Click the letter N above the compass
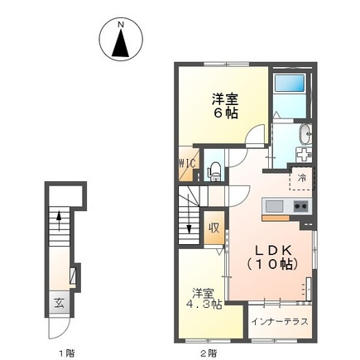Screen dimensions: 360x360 click(121, 25)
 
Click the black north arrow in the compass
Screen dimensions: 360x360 click(121, 43)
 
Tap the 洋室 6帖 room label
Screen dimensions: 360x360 click(225, 106)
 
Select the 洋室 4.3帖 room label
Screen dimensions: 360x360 click(204, 299)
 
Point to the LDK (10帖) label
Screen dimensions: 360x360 click(272, 257)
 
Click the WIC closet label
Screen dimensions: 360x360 click(188, 163)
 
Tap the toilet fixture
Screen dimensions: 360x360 click(214, 171)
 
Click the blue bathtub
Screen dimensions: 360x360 click(290, 83)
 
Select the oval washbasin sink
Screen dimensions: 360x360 click(305, 134)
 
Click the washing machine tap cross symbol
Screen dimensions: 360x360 click(304, 155)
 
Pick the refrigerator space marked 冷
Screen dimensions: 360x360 click(301, 178)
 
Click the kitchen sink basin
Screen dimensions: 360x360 click(274, 206)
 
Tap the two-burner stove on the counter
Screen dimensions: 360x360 click(300, 206)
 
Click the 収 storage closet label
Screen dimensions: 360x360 click(214, 228)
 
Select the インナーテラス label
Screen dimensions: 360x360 click(280, 321)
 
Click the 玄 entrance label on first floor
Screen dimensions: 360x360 click(59, 304)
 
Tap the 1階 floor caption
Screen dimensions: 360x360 click(67, 353)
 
